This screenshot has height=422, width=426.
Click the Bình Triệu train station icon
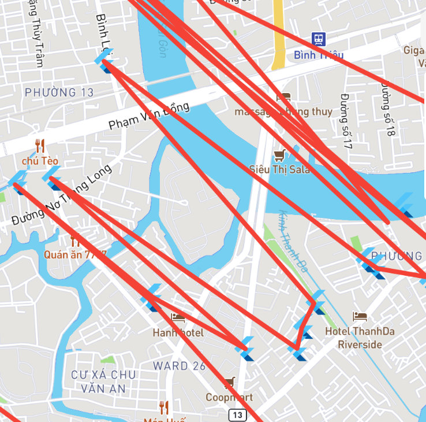click(318, 39)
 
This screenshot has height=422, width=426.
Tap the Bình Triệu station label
click(319, 55)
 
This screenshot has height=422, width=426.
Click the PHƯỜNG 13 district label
click(59, 92)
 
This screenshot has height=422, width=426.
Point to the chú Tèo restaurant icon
click(40, 145)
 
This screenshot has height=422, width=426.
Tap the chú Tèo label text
click(40, 160)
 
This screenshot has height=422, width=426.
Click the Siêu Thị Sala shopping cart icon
click(280, 155)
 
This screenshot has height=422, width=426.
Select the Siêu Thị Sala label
click(279, 169)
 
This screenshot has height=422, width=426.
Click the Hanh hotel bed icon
click(178, 317)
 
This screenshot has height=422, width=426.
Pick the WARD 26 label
click(179, 365)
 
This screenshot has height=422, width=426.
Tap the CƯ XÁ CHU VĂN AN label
click(103, 382)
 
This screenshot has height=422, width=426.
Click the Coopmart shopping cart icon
click(230, 383)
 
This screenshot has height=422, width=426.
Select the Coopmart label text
click(229, 397)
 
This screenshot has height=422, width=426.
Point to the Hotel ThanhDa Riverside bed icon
click(360, 317)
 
